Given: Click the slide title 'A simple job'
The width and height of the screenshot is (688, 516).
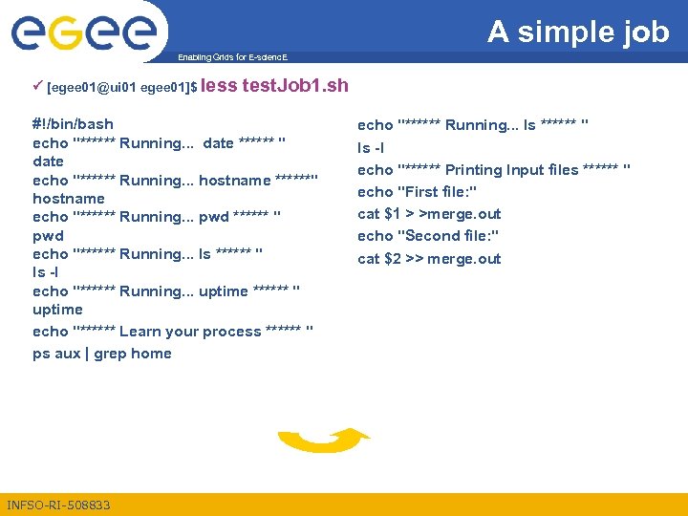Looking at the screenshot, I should (x=578, y=32).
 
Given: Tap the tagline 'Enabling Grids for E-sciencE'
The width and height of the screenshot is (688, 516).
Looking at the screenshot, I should (x=232, y=58).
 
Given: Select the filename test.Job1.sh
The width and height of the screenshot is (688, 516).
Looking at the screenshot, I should (x=295, y=86).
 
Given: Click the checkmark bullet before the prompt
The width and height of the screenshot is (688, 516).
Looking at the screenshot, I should (x=37, y=87).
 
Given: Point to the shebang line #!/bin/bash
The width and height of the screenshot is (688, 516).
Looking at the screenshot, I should (x=73, y=124).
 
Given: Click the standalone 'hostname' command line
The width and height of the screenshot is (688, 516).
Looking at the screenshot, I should (x=69, y=199).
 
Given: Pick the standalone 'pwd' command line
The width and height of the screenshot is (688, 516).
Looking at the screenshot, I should (x=48, y=235).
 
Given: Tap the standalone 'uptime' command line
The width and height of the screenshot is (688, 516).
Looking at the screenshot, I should (x=57, y=310).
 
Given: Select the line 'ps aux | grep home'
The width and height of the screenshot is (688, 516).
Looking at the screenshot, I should (x=102, y=354).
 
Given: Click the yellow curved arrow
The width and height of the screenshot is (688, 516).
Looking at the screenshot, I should (x=322, y=441).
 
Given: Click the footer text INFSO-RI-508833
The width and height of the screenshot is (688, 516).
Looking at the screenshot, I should (x=58, y=505).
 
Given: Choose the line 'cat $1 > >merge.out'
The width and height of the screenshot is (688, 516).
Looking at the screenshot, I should (x=429, y=214).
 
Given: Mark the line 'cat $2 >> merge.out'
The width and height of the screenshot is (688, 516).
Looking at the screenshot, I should (x=429, y=259).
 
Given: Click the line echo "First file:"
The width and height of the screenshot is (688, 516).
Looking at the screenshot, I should (x=417, y=191).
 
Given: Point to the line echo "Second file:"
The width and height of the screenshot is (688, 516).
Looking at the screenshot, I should (x=428, y=236).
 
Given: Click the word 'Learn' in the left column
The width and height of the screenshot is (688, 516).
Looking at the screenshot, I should (x=140, y=332).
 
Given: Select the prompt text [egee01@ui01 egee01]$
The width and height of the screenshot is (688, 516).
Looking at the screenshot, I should (x=122, y=88).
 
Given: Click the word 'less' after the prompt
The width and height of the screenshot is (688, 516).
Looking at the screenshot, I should (x=220, y=86).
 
